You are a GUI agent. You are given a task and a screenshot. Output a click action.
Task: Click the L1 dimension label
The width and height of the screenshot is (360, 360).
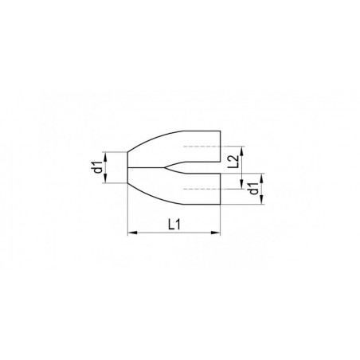pyautogui.click(x=174, y=225)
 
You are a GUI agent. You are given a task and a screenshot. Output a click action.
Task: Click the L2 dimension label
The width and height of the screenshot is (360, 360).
pyautogui.click(x=233, y=162)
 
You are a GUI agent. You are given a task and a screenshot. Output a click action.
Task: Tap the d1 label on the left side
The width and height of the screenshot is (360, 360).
pyautogui.click(x=98, y=167)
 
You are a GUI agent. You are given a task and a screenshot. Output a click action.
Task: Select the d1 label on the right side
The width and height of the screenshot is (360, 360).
pyautogui.click(x=254, y=188)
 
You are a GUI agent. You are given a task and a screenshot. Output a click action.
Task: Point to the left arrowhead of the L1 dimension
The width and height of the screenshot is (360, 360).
pyautogui.click(x=132, y=233)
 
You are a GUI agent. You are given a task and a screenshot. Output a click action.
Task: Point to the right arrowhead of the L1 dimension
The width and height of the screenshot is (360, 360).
pyautogui.click(x=216, y=233)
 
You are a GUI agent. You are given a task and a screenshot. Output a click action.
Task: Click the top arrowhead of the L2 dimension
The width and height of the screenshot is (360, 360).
pyautogui.click(x=241, y=151)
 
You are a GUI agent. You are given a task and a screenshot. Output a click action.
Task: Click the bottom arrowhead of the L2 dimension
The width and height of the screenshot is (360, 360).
pyautogui.click(x=241, y=184)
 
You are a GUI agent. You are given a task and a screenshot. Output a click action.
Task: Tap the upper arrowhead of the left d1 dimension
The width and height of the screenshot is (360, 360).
pyautogui.click(x=105, y=156)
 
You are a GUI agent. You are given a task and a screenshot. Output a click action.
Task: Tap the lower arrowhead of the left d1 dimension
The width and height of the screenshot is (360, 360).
pyautogui.click(x=105, y=178)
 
